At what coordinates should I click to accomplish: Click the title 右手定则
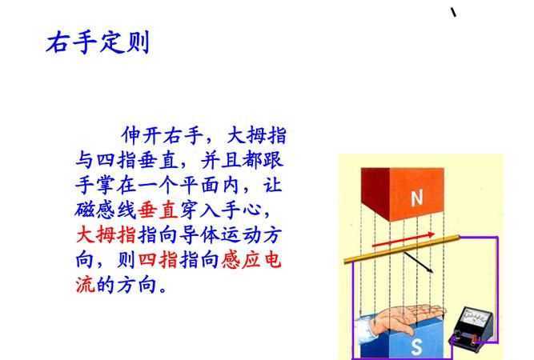[x=98, y=42]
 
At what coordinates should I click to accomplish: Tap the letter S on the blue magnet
[x=416, y=346]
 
